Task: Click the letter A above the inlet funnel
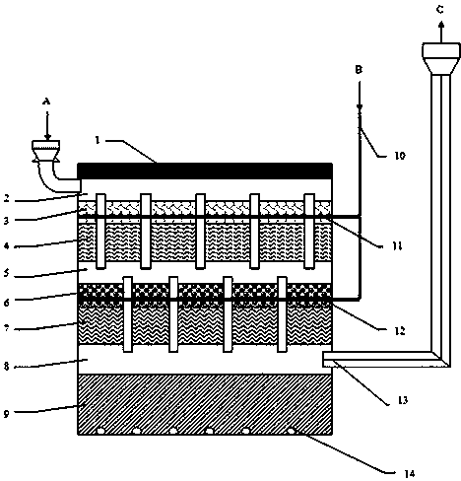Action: tap(46, 102)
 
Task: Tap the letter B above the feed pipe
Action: tap(359, 70)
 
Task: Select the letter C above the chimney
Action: tap(440, 10)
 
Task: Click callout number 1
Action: tap(97, 140)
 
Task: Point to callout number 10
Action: tap(400, 156)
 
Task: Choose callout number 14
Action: tap(410, 473)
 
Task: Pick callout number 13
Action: tap(403, 400)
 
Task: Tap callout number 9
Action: tap(7, 414)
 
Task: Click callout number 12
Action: tap(400, 331)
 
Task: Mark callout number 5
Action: tap(7, 273)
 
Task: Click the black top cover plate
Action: tap(205, 171)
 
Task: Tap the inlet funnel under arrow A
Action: tap(45, 151)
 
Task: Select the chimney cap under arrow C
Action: tap(441, 57)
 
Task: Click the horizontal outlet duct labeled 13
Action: tap(377, 359)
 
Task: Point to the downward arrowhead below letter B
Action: tap(360, 106)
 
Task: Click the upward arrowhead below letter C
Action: tap(441, 24)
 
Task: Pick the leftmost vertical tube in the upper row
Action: tap(100, 232)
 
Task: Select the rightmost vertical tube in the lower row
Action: tap(282, 314)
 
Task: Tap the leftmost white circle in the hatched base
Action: tap(100, 431)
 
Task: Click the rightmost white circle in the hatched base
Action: tap(291, 431)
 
